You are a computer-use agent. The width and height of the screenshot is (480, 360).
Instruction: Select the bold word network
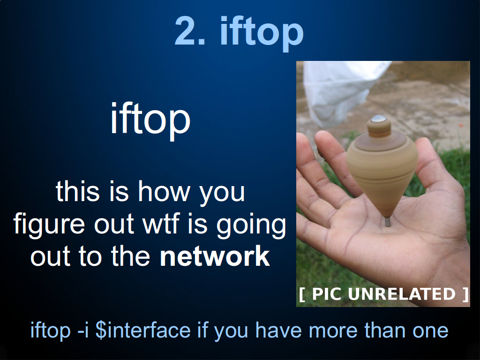tap(215, 256)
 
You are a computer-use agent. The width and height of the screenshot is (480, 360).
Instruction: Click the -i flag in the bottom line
tap(83, 330)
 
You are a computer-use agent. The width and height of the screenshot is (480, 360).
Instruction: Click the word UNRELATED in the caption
tap(402, 294)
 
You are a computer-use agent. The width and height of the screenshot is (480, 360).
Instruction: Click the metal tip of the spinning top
tap(388, 221)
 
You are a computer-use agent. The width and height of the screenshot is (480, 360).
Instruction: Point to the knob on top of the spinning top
tap(379, 126)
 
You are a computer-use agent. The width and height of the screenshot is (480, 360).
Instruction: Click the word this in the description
tap(78, 192)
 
